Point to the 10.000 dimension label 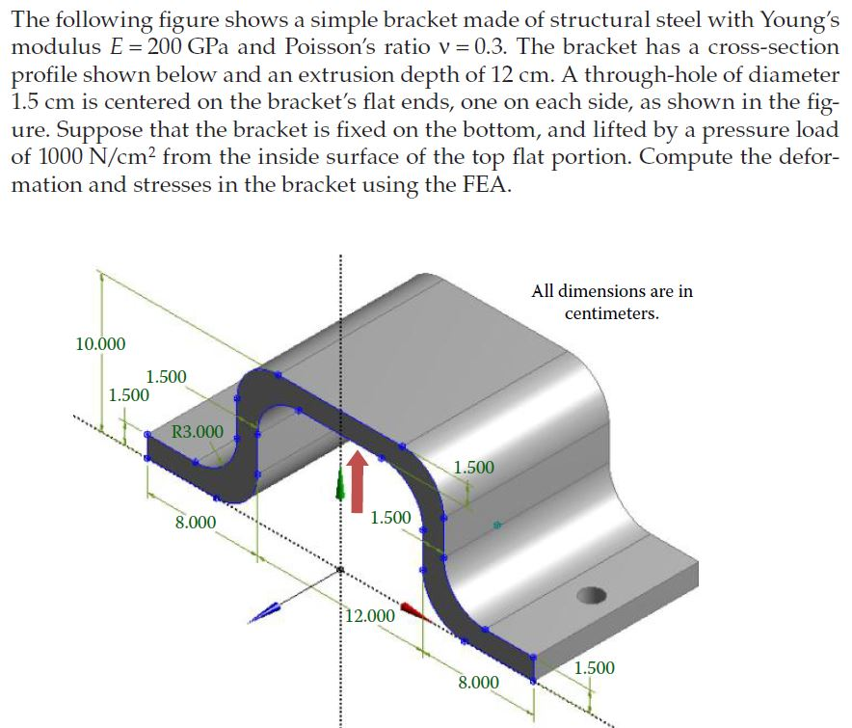(100, 343)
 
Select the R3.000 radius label (197, 431)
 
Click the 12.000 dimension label (371, 616)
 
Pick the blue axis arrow (271, 610)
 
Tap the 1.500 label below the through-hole (594, 668)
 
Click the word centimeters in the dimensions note (612, 314)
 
